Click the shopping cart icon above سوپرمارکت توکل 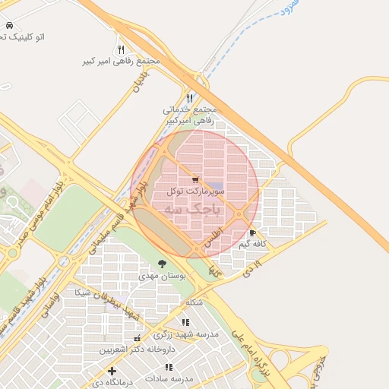click(x=195, y=180)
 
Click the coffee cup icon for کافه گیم click(x=252, y=233)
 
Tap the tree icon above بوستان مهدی click(x=161, y=264)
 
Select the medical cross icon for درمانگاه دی click(x=112, y=372)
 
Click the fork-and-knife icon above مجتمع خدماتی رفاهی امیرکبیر click(x=189, y=98)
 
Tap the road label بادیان click(x=141, y=78)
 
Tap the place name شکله click(x=194, y=302)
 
